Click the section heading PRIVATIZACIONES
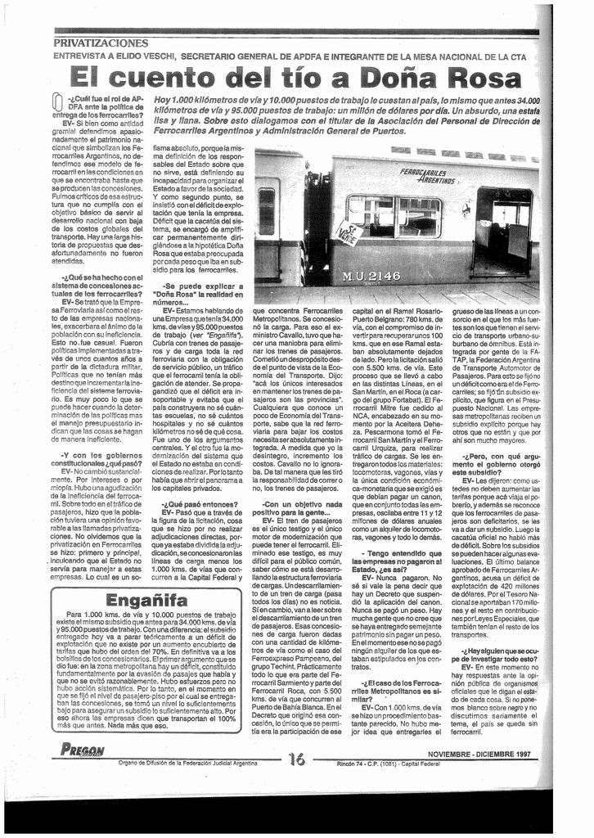coord(101,43)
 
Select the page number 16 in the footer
coord(296,758)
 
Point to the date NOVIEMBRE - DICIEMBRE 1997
coord(479,754)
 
